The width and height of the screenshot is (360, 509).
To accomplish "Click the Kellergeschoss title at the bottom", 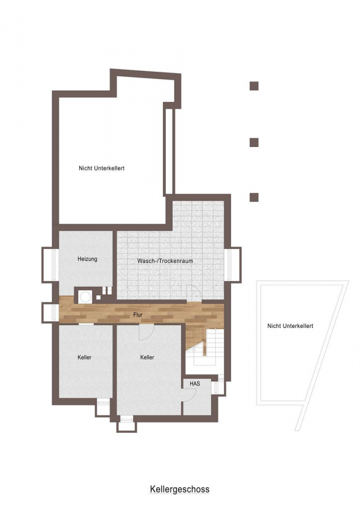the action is [179, 489].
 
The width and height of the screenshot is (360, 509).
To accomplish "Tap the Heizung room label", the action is [87, 259].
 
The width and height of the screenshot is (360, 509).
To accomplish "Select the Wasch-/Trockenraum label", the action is [165, 261].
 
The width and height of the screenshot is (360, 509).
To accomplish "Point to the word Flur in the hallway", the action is [138, 314].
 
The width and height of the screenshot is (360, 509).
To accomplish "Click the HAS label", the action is [195, 383].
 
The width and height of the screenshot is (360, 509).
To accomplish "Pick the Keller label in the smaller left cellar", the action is [84, 357].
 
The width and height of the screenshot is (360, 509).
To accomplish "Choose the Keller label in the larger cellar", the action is [147, 357].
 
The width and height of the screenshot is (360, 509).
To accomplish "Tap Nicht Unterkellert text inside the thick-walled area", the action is [102, 168].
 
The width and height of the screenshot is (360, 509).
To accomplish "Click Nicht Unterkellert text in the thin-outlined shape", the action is [290, 326].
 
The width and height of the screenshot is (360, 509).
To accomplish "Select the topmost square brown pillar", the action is [254, 86].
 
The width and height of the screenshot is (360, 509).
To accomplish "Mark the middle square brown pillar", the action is [254, 143].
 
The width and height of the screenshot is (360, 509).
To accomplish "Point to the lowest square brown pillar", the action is [254, 197].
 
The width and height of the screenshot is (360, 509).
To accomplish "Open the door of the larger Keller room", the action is [146, 332].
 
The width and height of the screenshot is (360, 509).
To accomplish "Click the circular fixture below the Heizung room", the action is [86, 297].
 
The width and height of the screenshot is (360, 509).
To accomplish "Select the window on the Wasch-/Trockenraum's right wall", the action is [234, 265].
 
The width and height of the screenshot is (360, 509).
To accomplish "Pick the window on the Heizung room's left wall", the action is [50, 265].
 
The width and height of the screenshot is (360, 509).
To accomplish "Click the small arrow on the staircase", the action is [194, 350].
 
